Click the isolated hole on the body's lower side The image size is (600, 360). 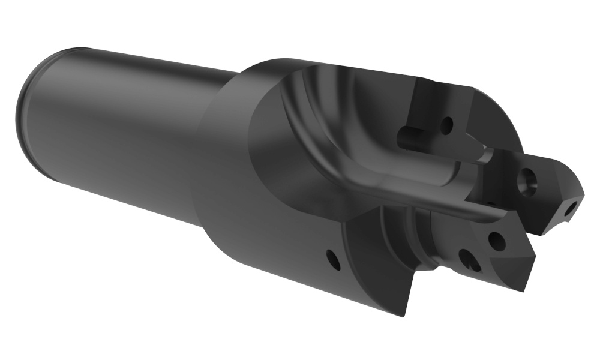331,259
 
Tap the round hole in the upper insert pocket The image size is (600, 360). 446,126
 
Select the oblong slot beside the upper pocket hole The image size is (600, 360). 409,134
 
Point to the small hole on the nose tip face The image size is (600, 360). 571,208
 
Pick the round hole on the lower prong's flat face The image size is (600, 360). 496,241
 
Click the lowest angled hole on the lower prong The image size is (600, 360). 469,260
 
